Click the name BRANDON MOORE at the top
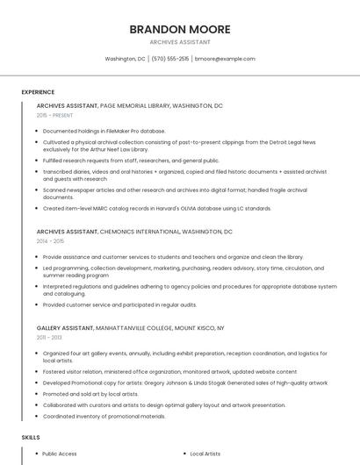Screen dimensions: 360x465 (x=180, y=29)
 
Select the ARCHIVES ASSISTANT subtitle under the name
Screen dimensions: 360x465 (x=180, y=42)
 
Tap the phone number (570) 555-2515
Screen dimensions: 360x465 (x=170, y=59)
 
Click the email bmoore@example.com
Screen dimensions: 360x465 (x=225, y=59)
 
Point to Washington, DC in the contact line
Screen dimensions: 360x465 (x=126, y=59)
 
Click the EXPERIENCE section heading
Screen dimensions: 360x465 (x=38, y=92)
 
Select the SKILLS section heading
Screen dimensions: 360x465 (x=31, y=436)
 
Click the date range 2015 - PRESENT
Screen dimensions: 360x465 (x=55, y=115)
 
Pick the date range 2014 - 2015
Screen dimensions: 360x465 (x=50, y=240)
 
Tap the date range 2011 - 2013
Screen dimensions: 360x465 (x=49, y=337)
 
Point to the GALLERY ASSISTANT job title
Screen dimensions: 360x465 (x=65, y=327)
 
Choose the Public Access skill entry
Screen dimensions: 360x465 (x=60, y=454)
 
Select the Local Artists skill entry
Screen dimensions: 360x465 (x=205, y=454)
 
